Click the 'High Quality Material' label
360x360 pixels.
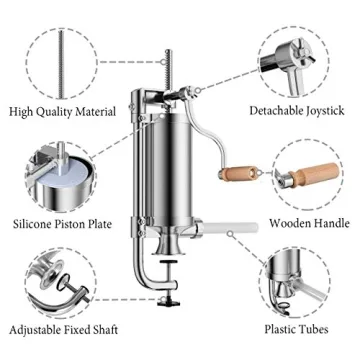63,111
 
